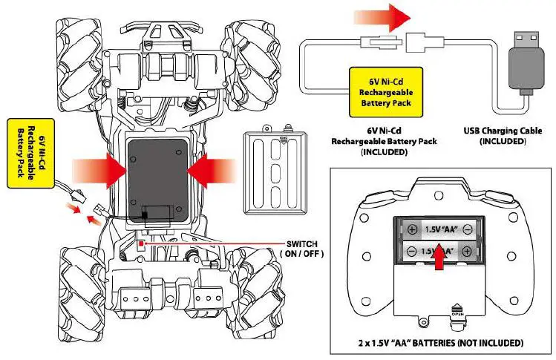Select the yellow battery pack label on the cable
pyautogui.click(x=385, y=91)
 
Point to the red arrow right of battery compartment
pyautogui.click(x=213, y=170)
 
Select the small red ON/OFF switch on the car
pyautogui.click(x=141, y=242)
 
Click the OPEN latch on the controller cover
pyautogui.click(x=457, y=310)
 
